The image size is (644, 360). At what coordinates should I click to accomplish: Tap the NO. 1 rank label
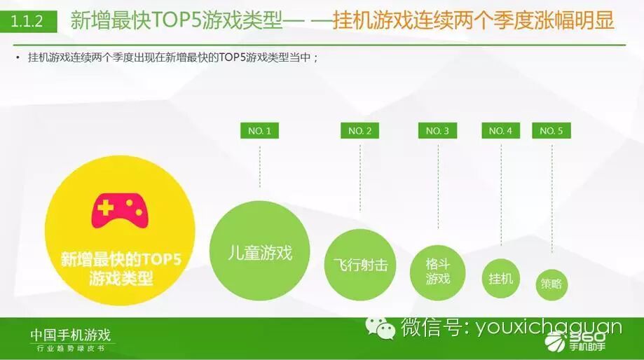point(259,130)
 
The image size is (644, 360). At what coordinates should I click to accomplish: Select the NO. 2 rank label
point(360,130)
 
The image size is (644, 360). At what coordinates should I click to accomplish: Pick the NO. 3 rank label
point(438,130)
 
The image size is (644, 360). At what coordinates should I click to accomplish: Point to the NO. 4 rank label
point(500,130)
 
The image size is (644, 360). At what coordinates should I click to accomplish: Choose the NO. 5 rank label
point(551,130)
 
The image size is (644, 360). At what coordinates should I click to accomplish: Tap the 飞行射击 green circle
point(360,265)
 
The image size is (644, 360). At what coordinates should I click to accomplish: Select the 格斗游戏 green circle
point(438,272)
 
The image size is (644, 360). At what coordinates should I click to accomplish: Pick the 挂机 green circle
point(501,278)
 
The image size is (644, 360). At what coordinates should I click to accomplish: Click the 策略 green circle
point(551,284)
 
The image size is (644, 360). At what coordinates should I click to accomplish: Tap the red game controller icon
point(121,208)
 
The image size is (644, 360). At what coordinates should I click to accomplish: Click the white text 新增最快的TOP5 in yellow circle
point(121,260)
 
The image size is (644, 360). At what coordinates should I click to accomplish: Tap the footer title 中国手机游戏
point(70,335)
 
